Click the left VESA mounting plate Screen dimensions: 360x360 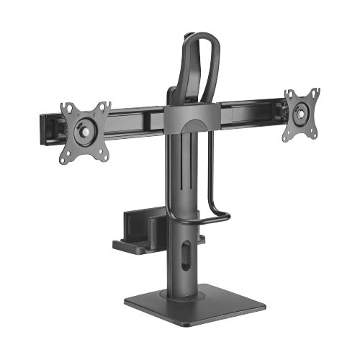(86, 130)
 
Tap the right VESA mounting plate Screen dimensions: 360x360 (301, 112)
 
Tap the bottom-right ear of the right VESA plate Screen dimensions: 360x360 (314, 130)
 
